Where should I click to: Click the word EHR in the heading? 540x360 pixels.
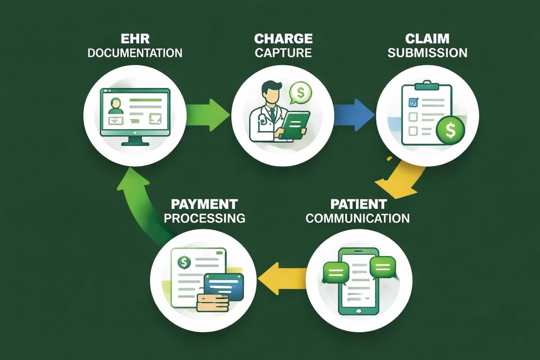coord(135,38)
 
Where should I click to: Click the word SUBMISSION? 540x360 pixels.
coord(427,52)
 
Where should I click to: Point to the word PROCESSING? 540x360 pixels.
coord(204,218)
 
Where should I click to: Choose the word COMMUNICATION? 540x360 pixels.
coord(357,218)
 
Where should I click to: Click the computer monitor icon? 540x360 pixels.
coord(135,115)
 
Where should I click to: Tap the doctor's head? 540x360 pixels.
coord(270,90)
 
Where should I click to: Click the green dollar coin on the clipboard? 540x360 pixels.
coord(449,130)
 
